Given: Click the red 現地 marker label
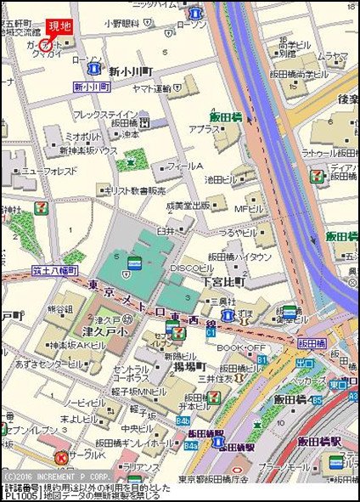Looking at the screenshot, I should coord(59,27).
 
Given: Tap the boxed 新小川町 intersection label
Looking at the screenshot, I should coord(92,87).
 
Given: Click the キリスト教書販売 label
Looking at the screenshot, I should coord(134,191).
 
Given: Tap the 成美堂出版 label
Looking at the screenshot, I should coord(188,205).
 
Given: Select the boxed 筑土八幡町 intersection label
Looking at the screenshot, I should coord(56,269).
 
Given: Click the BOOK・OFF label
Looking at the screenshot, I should coord(242,348).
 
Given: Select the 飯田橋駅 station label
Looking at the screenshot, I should coord(318,443).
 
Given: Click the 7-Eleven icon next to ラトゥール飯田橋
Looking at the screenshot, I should coord(317,176).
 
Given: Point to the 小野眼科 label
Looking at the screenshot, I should coord(122,25).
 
